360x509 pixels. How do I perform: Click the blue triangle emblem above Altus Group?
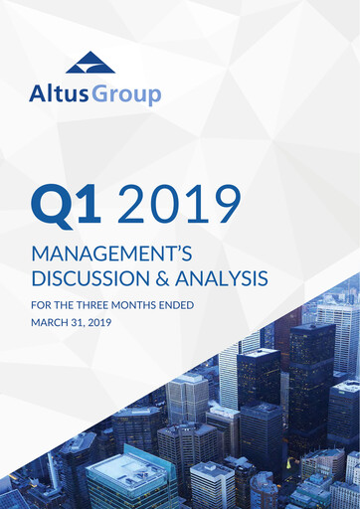click(x=90, y=63)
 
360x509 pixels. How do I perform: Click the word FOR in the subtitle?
click(x=41, y=308)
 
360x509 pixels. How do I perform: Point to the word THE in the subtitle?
click(x=67, y=308)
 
